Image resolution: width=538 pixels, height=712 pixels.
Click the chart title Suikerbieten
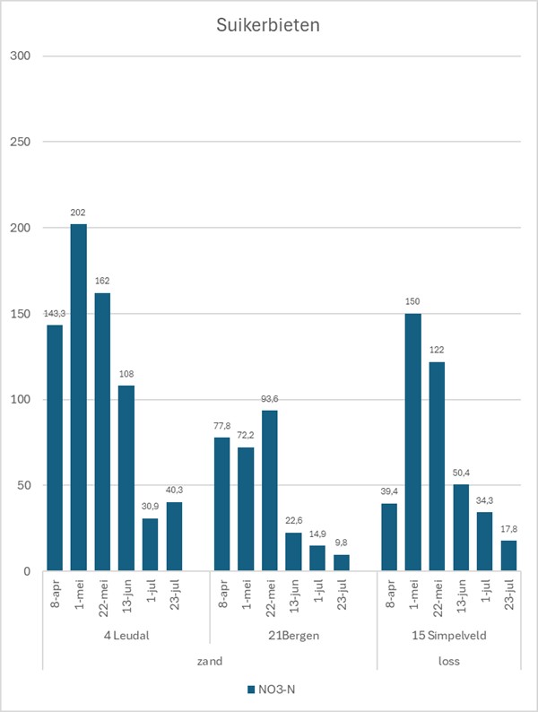268,25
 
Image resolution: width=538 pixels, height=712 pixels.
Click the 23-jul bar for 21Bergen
342,562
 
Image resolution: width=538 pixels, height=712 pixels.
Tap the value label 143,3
55,313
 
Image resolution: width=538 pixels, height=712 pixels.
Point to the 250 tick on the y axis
20,142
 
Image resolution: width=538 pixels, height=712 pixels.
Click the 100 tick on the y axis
20,400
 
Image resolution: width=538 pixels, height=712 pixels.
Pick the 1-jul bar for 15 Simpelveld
485,542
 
